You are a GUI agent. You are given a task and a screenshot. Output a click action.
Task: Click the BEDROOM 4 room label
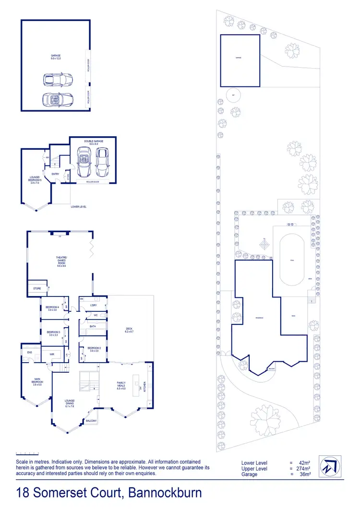coord(52,308)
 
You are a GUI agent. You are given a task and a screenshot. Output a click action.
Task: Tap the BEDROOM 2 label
coord(93,350)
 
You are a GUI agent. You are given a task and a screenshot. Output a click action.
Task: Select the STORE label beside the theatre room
coord(37,289)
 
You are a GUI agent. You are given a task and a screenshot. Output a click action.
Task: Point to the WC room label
coord(96,315)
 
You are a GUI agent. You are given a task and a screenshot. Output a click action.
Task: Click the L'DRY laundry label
coord(94,305)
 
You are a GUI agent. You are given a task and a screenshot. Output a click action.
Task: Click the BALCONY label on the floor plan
coord(91,421)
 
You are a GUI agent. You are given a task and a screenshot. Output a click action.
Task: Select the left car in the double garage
coord(84,162)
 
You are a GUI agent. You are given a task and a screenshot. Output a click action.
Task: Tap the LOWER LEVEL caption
coord(78,207)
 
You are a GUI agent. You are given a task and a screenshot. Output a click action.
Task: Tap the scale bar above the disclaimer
coord(26,453)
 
